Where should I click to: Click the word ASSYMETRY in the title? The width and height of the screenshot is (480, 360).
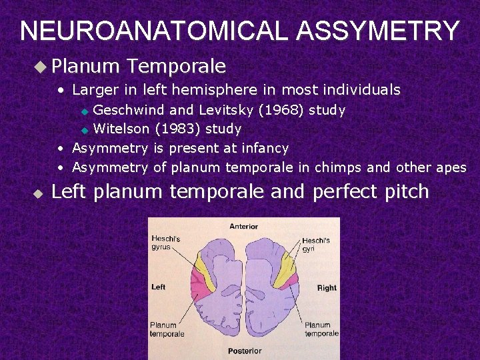click(377, 31)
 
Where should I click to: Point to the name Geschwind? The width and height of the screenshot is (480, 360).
click(129, 109)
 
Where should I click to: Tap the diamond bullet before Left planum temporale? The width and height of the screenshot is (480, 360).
click(38, 193)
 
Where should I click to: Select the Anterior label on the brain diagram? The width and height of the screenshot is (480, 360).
click(243, 227)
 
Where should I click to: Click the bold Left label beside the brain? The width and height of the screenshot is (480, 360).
click(159, 287)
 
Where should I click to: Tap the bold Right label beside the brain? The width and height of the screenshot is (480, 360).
click(327, 288)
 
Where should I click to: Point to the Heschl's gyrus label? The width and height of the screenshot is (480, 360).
click(165, 243)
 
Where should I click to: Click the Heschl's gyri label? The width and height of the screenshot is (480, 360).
click(316, 245)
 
